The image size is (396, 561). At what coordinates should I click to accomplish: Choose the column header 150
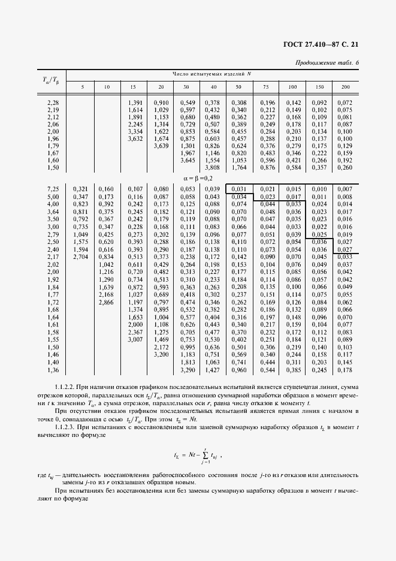click(x=320, y=88)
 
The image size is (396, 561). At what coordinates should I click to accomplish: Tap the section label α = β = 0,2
click(x=198, y=179)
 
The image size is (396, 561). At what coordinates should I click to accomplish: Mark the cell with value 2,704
click(x=80, y=257)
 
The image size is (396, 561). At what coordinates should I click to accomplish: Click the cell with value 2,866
click(x=106, y=303)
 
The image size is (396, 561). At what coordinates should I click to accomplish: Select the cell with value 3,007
click(x=135, y=340)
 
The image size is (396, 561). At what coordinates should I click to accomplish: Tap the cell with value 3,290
click(x=186, y=370)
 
